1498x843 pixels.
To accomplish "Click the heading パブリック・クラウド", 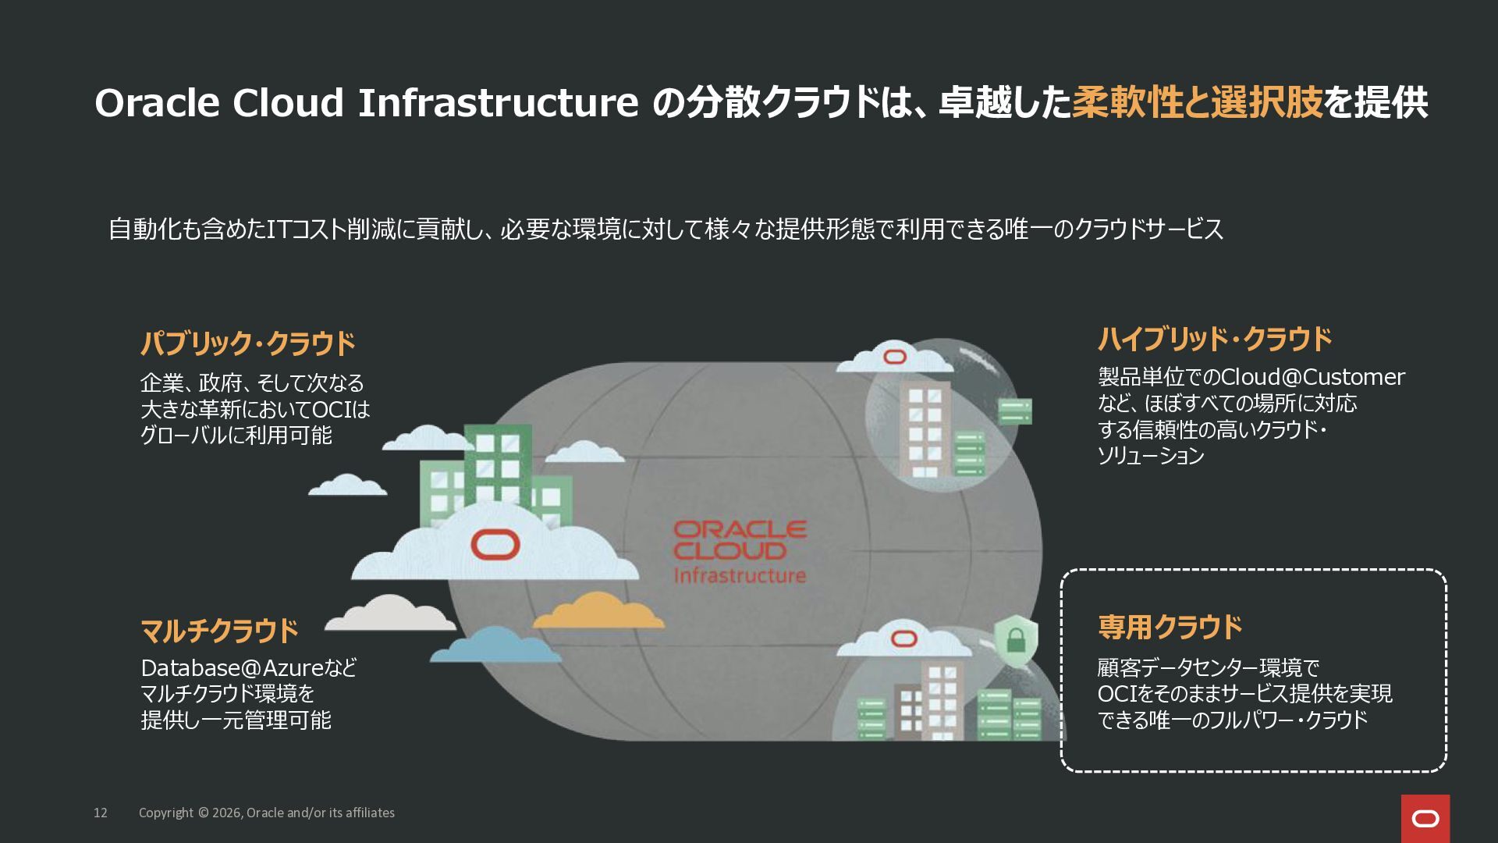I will pyautogui.click(x=247, y=343).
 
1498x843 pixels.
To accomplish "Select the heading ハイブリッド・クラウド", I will pyautogui.click(x=1215, y=340).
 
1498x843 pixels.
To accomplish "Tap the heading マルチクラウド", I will pyautogui.click(x=219, y=631).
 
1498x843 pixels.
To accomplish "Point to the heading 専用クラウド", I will pyautogui.click(x=1170, y=627).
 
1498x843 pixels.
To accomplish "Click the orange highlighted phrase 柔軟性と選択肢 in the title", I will pyautogui.click(x=1198, y=103).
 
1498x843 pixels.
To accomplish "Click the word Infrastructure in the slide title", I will pyautogui.click(x=498, y=103).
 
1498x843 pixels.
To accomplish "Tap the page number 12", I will pyautogui.click(x=101, y=813).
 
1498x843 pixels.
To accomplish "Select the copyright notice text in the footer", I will pyautogui.click(x=267, y=813).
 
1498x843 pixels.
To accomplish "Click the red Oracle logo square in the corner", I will pyautogui.click(x=1425, y=818).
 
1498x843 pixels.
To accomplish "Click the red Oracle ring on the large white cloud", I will pyautogui.click(x=495, y=544).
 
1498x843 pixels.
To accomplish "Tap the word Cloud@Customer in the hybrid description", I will pyautogui.click(x=1312, y=377).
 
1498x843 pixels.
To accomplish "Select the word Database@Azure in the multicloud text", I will pyautogui.click(x=232, y=668).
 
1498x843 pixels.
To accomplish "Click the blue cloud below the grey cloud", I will pyautogui.click(x=496, y=646).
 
